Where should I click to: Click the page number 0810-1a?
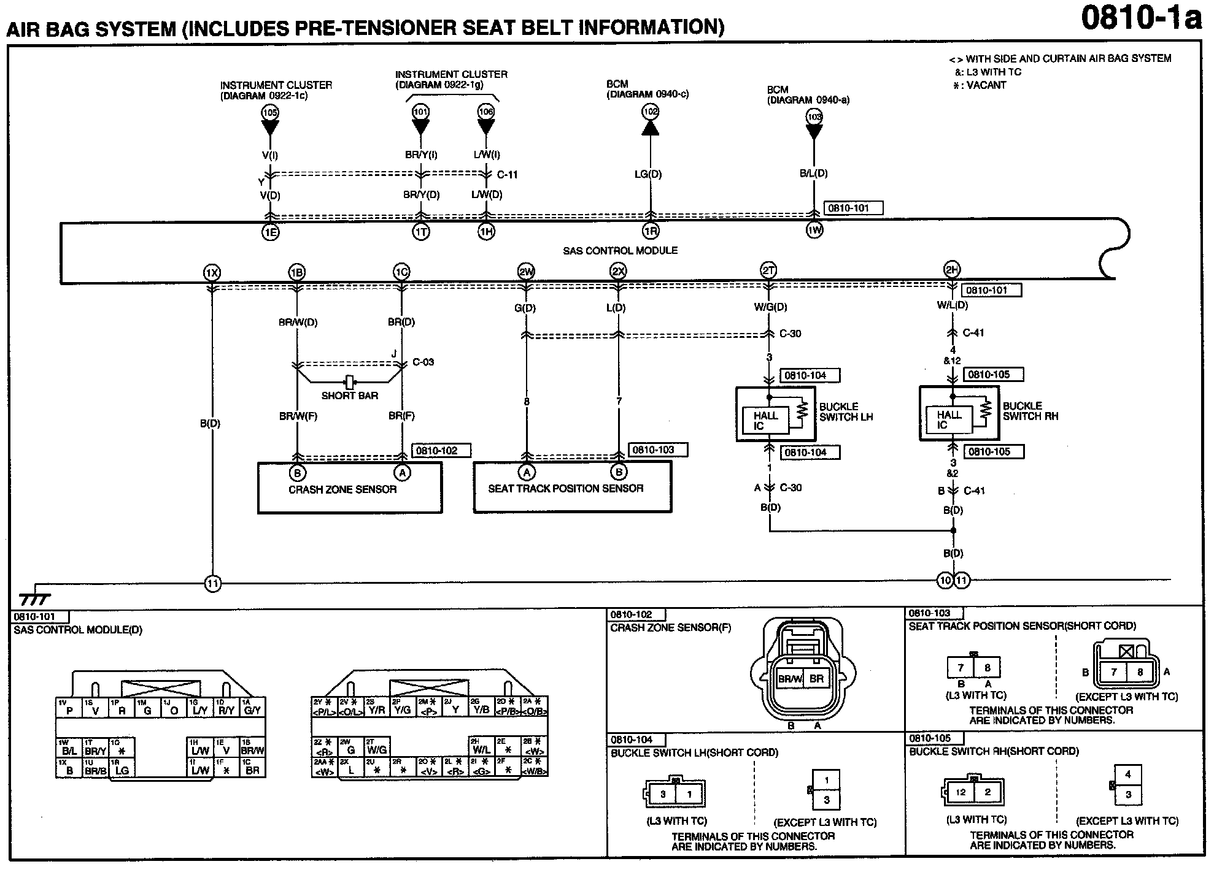coord(1141,18)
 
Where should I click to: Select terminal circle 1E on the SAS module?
coord(270,232)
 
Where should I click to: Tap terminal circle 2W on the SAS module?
coord(526,272)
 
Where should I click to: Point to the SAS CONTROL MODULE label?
coord(620,250)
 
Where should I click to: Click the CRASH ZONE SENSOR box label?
coord(342,489)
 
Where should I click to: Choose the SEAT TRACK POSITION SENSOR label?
coord(565,488)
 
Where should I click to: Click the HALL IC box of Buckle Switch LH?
coord(765,421)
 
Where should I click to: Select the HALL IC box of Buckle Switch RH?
coord(948,420)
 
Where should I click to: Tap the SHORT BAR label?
coord(349,396)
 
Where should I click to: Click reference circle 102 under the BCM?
coord(650,112)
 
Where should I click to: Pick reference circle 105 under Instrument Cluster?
coord(270,112)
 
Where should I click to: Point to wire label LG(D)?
coord(648,174)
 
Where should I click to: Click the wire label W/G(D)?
coord(770,307)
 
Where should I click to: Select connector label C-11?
coord(508,175)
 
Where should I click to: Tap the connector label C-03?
coord(423,362)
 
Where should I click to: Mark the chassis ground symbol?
coord(34,598)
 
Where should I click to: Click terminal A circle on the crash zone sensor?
coord(402,473)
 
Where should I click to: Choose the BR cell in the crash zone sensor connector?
coord(816,679)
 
